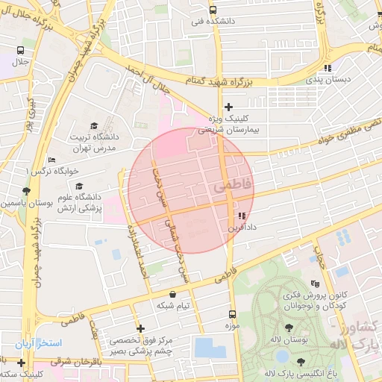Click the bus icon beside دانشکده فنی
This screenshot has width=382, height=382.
coord(213,10)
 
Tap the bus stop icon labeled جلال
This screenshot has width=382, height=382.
coord(20,51)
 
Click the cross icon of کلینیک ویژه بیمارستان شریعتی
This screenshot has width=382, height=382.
coord(229,107)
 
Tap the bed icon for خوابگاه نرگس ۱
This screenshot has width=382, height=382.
coord(51,160)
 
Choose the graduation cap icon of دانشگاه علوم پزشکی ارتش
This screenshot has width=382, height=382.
coord(79,187)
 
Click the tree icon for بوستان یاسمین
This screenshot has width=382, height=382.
coord(27,191)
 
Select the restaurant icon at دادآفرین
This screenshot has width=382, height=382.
coord(241,216)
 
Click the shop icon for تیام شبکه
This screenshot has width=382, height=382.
coord(173,295)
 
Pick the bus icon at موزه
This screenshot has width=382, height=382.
coord(231,315)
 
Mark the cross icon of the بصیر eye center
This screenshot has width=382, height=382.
coord(140,328)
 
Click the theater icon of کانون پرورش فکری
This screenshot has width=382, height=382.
coord(315,284)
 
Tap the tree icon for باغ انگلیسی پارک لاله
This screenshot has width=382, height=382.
coord(301,362)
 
